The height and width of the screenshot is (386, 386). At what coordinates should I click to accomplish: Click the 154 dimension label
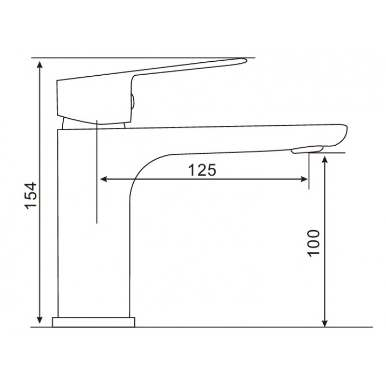31,196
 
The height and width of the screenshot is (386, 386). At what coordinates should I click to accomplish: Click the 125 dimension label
202,170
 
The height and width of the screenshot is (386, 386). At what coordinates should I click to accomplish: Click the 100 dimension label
314,244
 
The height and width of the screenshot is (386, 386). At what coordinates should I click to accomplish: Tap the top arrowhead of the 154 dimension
40,65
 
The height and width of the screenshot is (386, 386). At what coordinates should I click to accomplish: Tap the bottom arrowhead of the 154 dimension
40,319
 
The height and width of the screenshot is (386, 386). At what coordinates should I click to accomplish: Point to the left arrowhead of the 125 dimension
104,179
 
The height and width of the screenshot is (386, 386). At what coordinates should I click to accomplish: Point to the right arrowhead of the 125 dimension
304,179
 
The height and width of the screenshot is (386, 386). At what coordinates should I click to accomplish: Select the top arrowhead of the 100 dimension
325,160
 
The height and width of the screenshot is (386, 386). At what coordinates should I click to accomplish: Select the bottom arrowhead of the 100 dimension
325,323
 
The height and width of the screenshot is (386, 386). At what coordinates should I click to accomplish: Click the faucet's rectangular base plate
94,322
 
